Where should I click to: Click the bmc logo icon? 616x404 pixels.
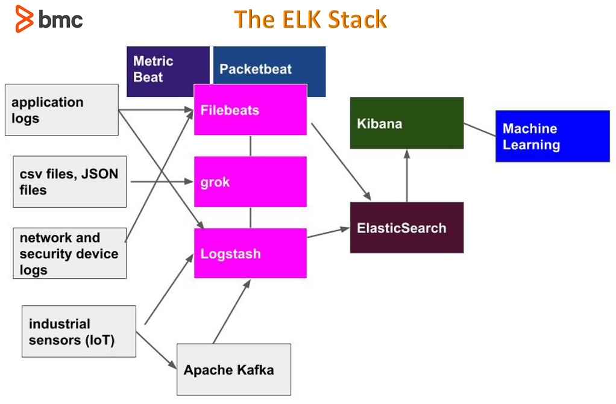coord(25,19)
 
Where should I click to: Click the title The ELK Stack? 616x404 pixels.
coord(310,19)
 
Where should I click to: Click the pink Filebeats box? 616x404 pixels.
coord(250,110)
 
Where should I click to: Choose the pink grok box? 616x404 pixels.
coord(250,181)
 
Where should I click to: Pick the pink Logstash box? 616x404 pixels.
coord(250,253)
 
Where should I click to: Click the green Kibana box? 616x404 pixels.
coord(407,123)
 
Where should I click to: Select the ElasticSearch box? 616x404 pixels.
coord(407,228)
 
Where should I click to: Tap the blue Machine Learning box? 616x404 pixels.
coord(552,136)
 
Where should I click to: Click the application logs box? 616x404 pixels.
coord(61,110)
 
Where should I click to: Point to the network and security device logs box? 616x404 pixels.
coord(70,253)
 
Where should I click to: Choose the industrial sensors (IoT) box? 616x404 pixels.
coord(78,331)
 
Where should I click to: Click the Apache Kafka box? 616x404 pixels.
coord(234,369)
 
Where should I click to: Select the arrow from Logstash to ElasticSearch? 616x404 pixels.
coord(328,232)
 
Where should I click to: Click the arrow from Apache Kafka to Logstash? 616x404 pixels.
coord(231,312)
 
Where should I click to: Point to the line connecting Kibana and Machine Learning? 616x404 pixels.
coord(480,129)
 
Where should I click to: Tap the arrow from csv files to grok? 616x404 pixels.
coord(160,181)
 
